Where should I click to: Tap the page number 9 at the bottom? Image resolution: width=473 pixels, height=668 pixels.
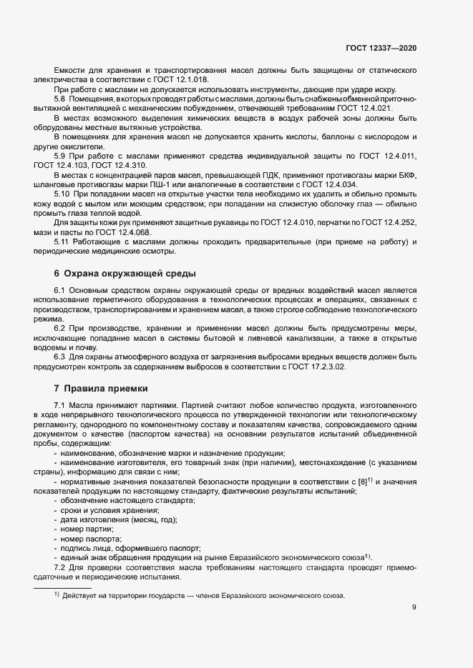(414, 608)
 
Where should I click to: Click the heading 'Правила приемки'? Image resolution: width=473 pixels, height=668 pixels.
(105, 389)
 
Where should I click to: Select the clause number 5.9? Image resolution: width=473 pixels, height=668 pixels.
(61, 156)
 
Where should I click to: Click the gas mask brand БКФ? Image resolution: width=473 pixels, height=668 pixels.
(405, 174)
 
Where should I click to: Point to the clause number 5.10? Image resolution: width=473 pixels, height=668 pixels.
(62, 194)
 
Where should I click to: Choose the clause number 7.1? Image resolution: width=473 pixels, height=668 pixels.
(60, 405)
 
